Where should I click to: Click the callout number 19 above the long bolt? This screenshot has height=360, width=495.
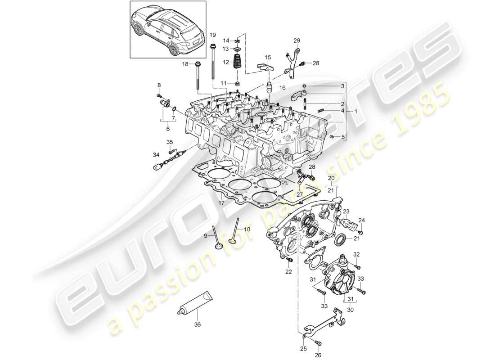(x=213, y=35)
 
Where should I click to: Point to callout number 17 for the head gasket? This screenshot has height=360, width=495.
(x=221, y=203)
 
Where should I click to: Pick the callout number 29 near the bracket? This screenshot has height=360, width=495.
(x=297, y=40)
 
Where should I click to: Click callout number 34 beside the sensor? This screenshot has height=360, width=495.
(x=156, y=155)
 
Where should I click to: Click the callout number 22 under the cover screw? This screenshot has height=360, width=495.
(x=289, y=271)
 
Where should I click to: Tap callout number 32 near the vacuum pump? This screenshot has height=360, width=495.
(x=356, y=254)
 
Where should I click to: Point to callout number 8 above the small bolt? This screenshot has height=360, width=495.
(x=158, y=85)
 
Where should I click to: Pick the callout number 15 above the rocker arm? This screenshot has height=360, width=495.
(x=268, y=57)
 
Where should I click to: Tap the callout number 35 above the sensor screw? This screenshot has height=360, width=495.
(x=171, y=142)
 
